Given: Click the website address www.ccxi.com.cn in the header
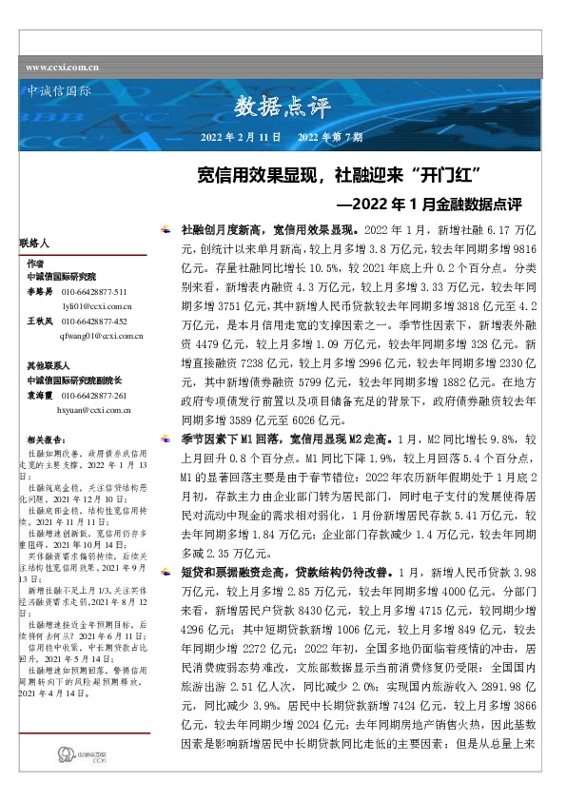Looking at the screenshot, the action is click(x=63, y=67).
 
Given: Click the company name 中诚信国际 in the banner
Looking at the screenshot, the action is click(x=55, y=92).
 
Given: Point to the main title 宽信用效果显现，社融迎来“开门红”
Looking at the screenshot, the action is click(x=342, y=175).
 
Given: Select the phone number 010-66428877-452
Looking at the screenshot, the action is click(x=107, y=322).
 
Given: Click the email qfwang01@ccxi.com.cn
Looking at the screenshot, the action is click(x=101, y=335).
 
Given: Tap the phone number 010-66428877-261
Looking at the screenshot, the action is click(x=107, y=395).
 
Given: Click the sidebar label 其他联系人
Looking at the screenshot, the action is click(x=47, y=365).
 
